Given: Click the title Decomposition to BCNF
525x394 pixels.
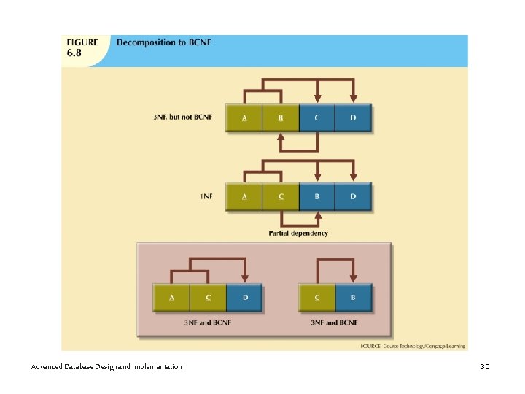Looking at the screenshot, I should pos(163,42).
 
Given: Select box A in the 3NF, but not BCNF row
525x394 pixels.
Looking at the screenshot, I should pos(244,117).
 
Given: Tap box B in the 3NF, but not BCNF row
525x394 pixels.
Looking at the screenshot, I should pos(281,117).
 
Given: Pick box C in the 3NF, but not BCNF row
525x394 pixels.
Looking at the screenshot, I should pos(316,117).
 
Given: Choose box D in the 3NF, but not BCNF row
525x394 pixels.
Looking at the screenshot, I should pos(353,117).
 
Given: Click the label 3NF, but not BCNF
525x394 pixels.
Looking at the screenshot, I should pos(182,117).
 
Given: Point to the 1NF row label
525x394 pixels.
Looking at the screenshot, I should pos(206,196).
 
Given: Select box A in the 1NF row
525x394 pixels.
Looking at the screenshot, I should pos(244,196).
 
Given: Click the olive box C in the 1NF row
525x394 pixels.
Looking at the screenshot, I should pos(281,196).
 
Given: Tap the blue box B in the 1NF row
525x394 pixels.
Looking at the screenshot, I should pos(316,196).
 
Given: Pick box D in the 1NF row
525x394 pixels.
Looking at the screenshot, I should pos(353,196).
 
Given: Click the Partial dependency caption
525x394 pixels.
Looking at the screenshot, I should pos(298,233).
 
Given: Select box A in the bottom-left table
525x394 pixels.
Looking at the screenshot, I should pos(171,297).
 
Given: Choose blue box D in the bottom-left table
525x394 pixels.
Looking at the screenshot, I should pos(244,297).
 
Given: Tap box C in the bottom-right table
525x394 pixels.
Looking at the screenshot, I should pos(317,297).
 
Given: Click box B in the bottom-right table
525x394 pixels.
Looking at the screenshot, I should pos(354,297).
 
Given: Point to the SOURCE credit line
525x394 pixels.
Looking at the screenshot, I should pos(413,345).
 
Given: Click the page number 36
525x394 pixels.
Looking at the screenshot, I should pos(485,366).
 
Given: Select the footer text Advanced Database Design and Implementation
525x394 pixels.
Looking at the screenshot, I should pos(107,366).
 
